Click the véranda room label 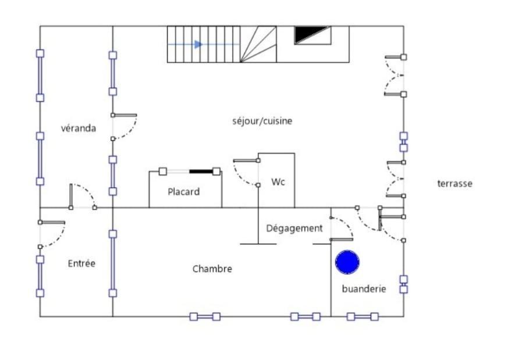click(79, 128)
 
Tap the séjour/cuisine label click(262, 121)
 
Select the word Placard click(184, 192)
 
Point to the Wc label click(278, 182)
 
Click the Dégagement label click(294, 228)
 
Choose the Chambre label click(212, 269)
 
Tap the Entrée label click(81, 263)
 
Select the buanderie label click(364, 288)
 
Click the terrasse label click(454, 184)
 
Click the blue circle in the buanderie click(347, 262)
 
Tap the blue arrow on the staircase click(184, 44)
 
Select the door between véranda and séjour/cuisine click(124, 127)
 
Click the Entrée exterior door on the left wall click(52, 234)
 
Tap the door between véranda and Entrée click(83, 196)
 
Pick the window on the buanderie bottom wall click(363, 316)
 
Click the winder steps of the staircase click(258, 44)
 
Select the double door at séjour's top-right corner click(395, 76)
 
